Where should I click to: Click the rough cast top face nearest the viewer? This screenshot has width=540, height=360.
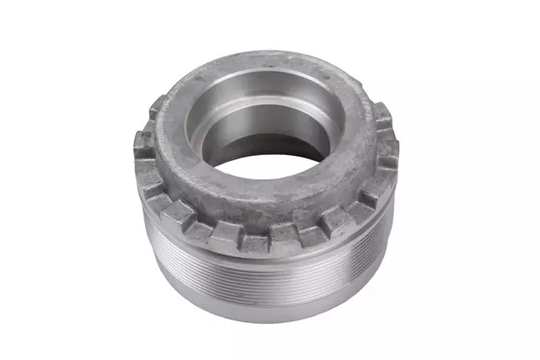coord(253,202)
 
